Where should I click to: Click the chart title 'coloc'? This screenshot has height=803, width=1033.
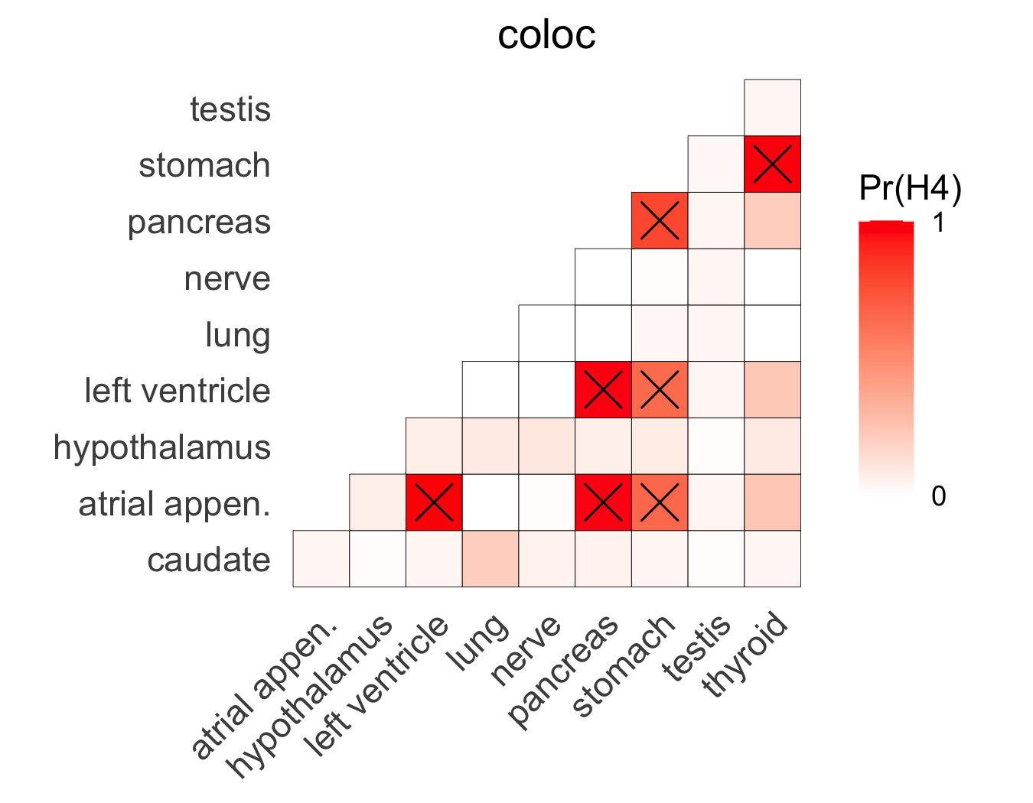tap(546, 35)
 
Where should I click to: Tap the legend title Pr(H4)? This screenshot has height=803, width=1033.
tap(910, 188)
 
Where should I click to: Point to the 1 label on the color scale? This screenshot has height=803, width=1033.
tap(938, 223)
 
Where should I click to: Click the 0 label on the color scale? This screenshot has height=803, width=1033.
tap(938, 496)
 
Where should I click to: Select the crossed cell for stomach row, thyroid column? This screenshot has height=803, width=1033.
tap(772, 164)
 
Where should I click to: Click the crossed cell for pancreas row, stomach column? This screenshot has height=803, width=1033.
tap(660, 221)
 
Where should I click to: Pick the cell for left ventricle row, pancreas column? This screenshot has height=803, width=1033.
tap(603, 390)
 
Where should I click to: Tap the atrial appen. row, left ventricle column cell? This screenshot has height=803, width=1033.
tap(434, 502)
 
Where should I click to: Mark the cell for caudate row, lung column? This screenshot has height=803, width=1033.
tap(490, 559)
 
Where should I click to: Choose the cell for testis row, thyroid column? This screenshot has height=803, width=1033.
tap(772, 108)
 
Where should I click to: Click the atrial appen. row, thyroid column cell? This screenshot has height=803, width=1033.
tap(772, 502)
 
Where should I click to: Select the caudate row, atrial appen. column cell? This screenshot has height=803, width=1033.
tap(321, 559)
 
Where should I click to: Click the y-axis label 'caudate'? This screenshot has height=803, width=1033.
tap(208, 560)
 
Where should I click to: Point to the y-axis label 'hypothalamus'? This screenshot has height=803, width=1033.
tap(162, 447)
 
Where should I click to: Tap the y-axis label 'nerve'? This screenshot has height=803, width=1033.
tap(227, 278)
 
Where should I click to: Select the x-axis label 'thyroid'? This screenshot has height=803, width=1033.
tap(747, 656)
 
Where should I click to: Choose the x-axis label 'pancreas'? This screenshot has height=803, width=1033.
tap(565, 671)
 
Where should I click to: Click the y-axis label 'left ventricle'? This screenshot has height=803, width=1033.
tap(178, 391)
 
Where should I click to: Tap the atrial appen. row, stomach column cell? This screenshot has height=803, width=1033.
tap(660, 502)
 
